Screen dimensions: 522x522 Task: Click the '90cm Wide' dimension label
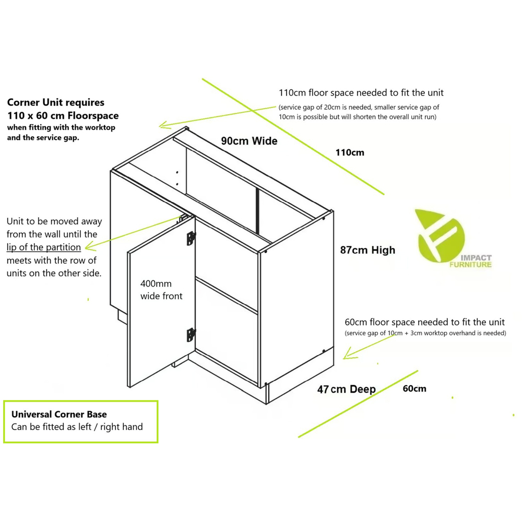coord(249,141)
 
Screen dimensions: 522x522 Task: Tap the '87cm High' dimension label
coord(367,250)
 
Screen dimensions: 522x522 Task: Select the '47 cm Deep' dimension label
coord(346,389)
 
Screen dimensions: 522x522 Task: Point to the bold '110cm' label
coord(350,152)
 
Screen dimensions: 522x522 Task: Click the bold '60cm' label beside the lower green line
coord(414,388)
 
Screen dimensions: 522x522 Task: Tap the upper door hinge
coord(191,238)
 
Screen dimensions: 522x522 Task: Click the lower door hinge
coord(191,335)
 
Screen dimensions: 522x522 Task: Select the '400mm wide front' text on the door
coord(161,290)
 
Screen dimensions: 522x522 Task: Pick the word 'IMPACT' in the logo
coord(476,258)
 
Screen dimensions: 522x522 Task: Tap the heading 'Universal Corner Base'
coord(59,414)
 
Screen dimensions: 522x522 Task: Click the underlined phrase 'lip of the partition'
coord(44,247)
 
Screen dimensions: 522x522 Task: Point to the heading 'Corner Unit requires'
coord(56,102)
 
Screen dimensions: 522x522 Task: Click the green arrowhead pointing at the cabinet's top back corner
coord(164,125)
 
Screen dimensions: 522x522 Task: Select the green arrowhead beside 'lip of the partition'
coord(90,247)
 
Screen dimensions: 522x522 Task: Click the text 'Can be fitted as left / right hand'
coord(77,427)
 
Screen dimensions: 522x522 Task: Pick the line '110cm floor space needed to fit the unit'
coord(361,92)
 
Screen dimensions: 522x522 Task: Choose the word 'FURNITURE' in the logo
coord(470,265)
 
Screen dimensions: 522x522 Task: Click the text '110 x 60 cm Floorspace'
coord(63,115)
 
